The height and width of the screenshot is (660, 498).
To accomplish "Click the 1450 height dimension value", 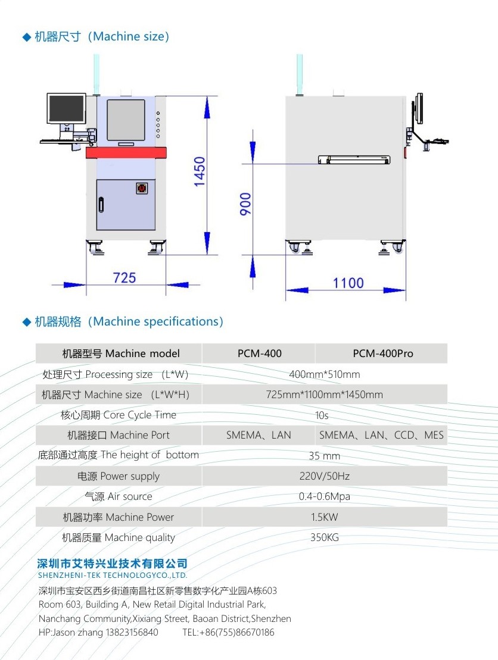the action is [200, 171].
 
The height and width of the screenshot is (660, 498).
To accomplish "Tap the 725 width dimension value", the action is [125, 278].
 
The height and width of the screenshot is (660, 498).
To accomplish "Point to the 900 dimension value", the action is [245, 204].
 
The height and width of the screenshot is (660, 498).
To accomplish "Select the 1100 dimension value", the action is [348, 283].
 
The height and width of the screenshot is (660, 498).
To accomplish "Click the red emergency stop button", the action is [142, 187].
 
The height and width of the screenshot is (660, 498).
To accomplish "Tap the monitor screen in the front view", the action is [67, 108].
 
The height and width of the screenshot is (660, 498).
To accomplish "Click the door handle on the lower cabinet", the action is [101, 205].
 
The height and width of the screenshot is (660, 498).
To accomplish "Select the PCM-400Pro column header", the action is [383, 354].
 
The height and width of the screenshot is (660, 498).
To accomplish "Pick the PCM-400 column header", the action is [260, 354].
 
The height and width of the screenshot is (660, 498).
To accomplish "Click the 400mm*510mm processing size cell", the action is [325, 374].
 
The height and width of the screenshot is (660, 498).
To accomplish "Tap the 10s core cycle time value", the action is [322, 415].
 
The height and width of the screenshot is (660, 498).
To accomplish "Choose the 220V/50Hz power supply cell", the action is [325, 476].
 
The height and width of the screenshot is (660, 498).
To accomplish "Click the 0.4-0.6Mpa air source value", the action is [325, 496].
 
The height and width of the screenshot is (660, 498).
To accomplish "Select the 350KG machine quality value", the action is [325, 537].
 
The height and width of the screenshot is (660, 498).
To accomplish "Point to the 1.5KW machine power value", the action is [325, 517].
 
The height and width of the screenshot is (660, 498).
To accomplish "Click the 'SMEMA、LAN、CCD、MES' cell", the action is [381, 435].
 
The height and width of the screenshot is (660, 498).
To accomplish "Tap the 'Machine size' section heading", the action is [101, 37].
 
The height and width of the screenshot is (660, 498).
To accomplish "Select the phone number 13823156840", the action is [132, 632].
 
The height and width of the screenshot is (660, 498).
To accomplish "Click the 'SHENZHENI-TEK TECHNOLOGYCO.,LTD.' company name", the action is [113, 575].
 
